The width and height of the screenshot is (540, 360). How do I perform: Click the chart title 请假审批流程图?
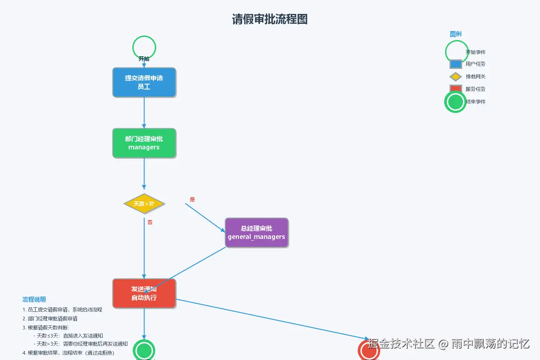point(270,19)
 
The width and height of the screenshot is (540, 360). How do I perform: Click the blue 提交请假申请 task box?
point(144,82)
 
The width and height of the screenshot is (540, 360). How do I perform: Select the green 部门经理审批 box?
point(144,143)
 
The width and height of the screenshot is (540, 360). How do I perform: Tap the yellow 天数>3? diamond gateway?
point(144,204)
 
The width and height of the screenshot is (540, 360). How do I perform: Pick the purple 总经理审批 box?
point(256,233)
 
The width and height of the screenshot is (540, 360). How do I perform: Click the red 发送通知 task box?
point(144,293)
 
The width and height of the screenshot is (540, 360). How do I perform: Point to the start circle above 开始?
point(144,47)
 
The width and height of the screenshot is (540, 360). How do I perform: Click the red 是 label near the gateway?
point(193,199)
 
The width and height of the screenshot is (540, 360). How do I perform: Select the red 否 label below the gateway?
point(150,222)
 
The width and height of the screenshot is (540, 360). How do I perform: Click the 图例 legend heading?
point(455,34)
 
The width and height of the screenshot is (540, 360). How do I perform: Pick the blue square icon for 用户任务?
point(456,64)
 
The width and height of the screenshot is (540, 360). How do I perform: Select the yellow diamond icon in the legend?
point(456,77)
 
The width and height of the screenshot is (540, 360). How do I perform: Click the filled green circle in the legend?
point(455,102)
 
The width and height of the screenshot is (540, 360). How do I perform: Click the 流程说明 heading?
point(34,300)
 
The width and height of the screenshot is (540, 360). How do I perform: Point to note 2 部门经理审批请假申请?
point(50,319)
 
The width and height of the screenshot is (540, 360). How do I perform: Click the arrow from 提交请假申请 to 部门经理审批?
point(144,112)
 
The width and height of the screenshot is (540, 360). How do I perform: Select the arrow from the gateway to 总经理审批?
point(205,217)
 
